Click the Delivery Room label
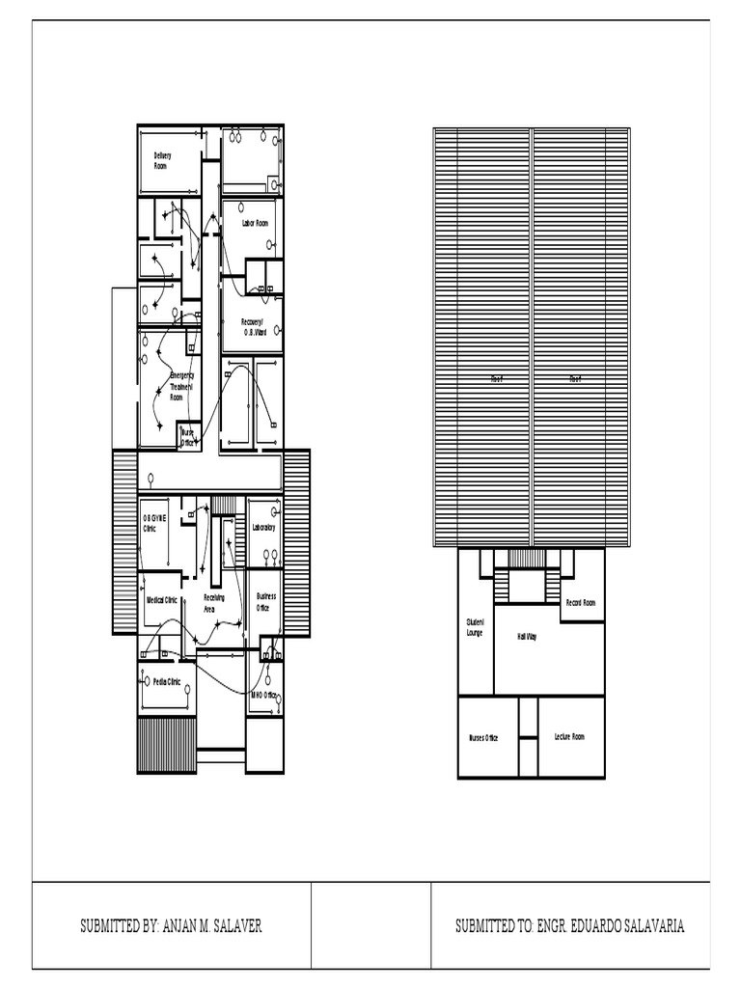162,160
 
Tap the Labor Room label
255,223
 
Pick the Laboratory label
263,528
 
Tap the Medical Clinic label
162,599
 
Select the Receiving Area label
214,604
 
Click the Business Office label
266,603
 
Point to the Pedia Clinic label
167,681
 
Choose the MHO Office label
263,695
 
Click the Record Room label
580,602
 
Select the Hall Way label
528,637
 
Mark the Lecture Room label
569,736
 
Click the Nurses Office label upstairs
483,738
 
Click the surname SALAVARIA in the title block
649,926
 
